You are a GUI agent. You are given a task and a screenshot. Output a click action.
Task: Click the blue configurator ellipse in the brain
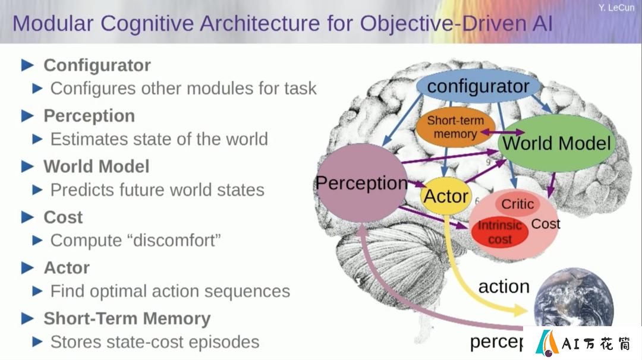tap(478, 87)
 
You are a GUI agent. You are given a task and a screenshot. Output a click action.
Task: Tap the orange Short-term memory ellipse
tap(455, 127)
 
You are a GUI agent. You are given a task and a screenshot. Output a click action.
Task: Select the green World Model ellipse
tap(557, 143)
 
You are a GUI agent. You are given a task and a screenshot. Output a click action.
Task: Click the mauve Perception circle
tap(363, 183)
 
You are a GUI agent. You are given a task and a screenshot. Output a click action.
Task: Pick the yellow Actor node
tap(446, 196)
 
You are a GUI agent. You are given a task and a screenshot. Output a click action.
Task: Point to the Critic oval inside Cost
tap(518, 204)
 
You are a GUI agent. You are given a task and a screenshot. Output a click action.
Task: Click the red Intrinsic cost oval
tap(499, 232)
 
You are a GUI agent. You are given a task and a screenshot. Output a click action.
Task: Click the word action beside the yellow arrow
tap(503, 287)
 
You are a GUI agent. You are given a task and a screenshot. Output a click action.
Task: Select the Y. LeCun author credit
tap(616, 7)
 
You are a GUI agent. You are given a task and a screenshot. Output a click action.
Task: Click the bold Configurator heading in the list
tap(97, 65)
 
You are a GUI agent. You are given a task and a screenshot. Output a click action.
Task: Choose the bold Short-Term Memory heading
tap(127, 318)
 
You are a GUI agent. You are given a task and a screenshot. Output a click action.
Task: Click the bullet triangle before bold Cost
tap(27, 217)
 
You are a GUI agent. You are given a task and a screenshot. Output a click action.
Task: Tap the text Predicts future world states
tap(157, 190)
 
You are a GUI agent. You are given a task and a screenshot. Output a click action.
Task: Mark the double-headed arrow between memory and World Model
tap(502, 132)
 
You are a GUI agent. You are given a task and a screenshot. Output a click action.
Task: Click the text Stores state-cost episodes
tap(155, 342)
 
